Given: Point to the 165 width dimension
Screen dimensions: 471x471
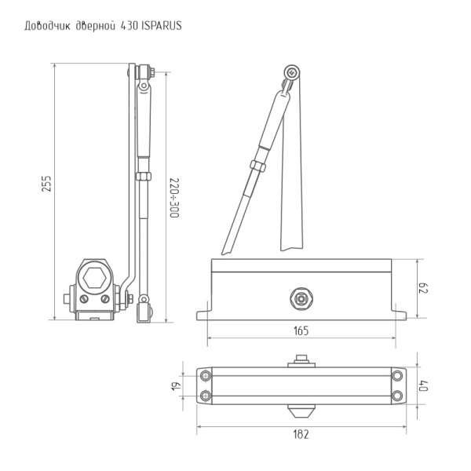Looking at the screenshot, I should tap(301, 331).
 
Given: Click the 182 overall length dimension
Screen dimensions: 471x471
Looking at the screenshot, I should tap(301, 433).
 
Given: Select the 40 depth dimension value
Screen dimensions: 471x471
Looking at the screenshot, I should tap(425, 385).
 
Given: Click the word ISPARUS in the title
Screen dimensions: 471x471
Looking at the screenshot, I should tap(162, 25).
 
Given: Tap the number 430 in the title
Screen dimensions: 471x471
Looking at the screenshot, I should tap(130, 25).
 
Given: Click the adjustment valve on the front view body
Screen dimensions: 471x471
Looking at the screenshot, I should tap(301, 298).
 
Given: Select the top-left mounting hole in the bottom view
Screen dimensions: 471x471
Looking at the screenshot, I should tap(206, 374).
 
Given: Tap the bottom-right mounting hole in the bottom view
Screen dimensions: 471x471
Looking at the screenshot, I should tap(397, 395).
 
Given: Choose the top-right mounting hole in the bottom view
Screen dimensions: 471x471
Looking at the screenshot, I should tap(397, 374).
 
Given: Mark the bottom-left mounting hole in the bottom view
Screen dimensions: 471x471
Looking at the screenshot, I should tap(206, 395).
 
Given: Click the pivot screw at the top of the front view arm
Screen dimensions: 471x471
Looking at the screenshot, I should tap(292, 71).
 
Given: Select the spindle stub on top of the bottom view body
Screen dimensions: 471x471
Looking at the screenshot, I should tap(301, 361).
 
